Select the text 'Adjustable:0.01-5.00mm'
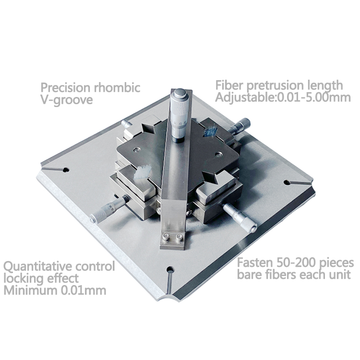tap(283, 97)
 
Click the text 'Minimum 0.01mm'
tap(55, 290)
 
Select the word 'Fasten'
tap(253, 263)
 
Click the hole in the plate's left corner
tap(66, 170)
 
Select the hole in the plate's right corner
tap(288, 182)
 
